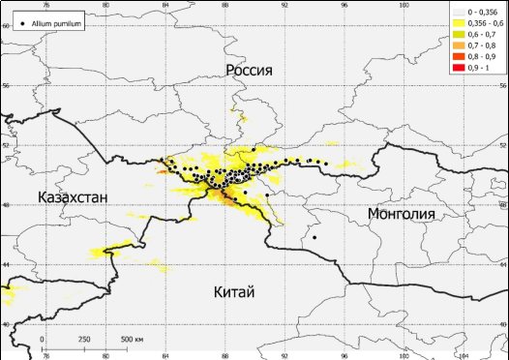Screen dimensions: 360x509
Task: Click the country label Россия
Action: pos(249,71)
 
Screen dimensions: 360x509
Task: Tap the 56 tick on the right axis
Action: pos(503,85)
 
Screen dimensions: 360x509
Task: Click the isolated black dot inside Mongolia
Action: pos(314,237)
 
